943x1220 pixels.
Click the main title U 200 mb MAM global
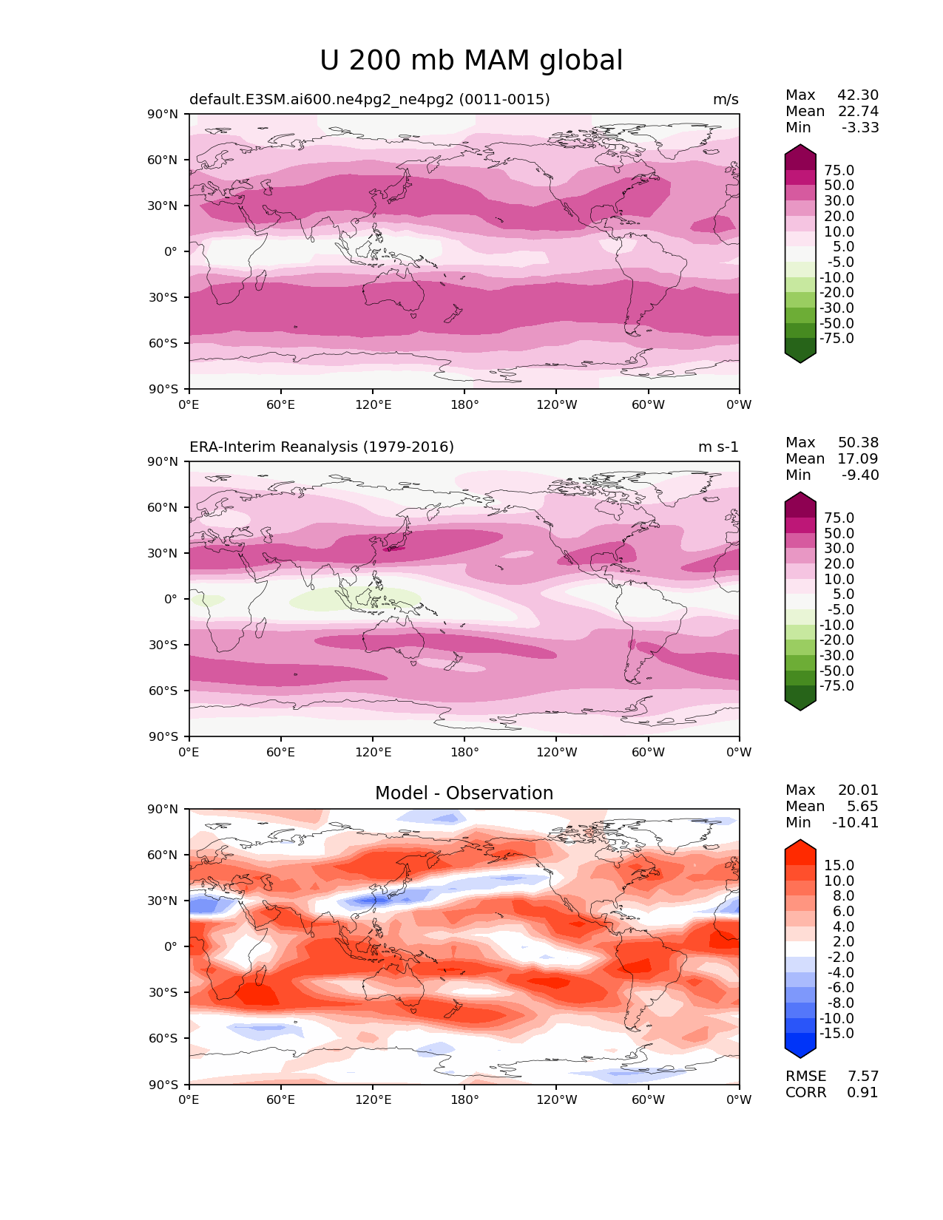point(471,61)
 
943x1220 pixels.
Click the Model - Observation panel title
point(464,793)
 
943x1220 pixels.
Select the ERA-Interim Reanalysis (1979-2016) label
point(322,447)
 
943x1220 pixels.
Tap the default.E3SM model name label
point(369,100)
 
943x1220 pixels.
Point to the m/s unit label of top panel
point(725,100)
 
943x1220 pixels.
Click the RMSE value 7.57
point(862,1076)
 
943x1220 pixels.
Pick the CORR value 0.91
point(862,1092)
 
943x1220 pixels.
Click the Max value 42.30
point(858,95)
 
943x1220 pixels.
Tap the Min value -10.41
point(856,823)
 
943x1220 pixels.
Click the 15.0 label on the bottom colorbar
point(839,866)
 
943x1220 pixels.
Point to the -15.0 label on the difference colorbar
point(836,1034)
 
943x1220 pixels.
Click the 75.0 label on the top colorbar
point(839,171)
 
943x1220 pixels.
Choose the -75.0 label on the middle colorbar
point(836,686)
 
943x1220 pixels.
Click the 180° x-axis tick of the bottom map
point(464,1100)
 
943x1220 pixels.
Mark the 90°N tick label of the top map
point(164,115)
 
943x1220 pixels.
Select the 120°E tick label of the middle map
point(373,753)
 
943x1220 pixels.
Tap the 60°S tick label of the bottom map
point(164,1039)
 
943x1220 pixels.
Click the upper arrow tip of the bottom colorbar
point(800,841)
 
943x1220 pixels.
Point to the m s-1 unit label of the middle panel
point(718,447)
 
